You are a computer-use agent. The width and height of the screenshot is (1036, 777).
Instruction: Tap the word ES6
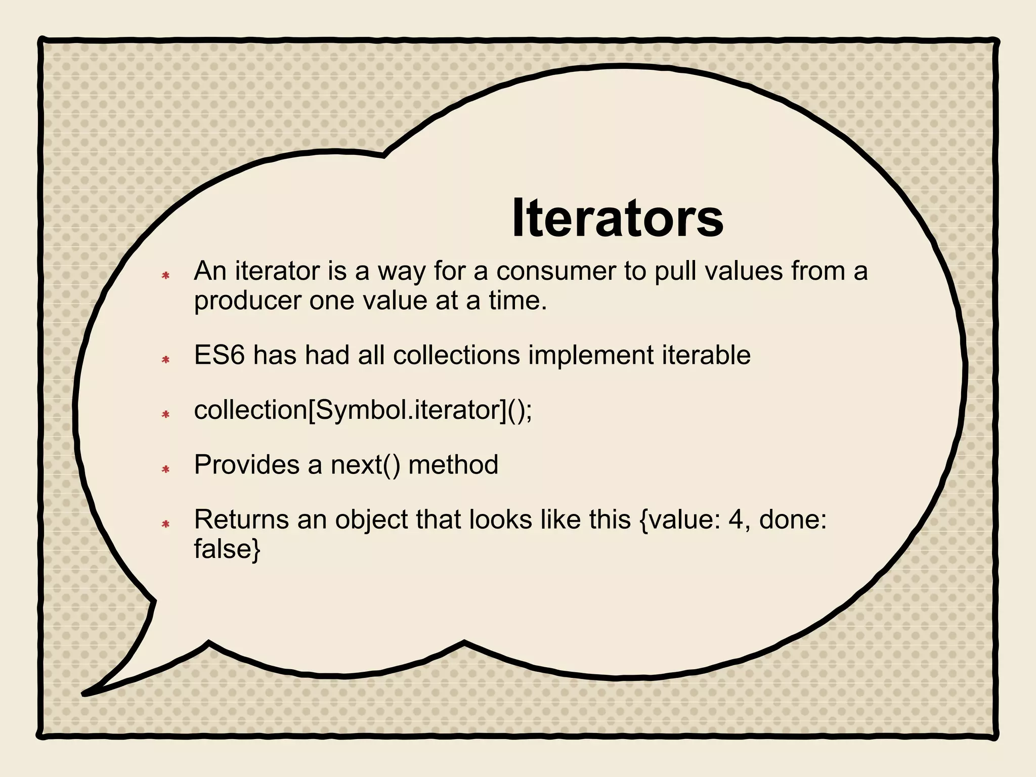point(220,355)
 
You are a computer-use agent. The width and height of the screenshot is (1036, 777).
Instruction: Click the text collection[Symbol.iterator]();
point(363,410)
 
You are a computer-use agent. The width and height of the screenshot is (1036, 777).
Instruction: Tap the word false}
point(227,549)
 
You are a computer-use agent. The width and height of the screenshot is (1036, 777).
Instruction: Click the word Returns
point(241,520)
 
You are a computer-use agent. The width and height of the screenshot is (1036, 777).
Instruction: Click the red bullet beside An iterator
point(165,276)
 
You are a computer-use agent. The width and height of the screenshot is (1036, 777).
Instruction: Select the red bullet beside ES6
point(165,360)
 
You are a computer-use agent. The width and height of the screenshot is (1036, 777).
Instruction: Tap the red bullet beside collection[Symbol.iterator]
point(165,414)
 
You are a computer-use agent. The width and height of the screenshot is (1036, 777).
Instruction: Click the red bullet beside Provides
point(165,469)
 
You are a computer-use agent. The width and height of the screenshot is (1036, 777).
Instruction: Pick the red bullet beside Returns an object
point(165,524)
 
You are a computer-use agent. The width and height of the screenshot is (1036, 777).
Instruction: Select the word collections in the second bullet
point(456,355)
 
